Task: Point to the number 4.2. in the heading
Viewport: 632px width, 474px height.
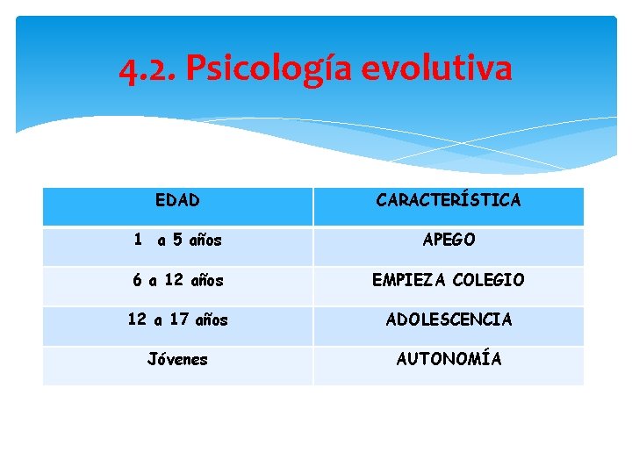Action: pyautogui.click(x=148, y=68)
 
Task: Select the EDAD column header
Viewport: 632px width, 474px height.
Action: pyautogui.click(x=177, y=200)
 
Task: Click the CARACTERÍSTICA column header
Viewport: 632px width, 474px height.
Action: pyautogui.click(x=448, y=200)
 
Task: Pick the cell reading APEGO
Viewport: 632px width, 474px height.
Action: pyautogui.click(x=449, y=240)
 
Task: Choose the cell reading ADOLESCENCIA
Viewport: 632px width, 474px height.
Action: pyautogui.click(x=449, y=320)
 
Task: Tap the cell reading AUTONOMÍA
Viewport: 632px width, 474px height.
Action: pyautogui.click(x=449, y=359)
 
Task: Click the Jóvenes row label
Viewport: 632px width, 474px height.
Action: pyautogui.click(x=177, y=359)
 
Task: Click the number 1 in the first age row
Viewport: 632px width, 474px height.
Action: pyautogui.click(x=137, y=239)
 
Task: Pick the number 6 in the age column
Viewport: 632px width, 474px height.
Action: pyautogui.click(x=137, y=280)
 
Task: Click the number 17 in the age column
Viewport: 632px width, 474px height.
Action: pyautogui.click(x=179, y=320)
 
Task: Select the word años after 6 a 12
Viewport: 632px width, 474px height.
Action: pyautogui.click(x=206, y=281)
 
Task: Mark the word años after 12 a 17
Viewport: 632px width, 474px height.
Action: pyautogui.click(x=211, y=320)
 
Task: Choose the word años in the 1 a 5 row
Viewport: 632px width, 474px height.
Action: pyautogui.click(x=205, y=241)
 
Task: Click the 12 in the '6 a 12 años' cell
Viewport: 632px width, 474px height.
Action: pyautogui.click(x=174, y=280)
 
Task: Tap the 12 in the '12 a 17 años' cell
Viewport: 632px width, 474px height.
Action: pyautogui.click(x=137, y=320)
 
